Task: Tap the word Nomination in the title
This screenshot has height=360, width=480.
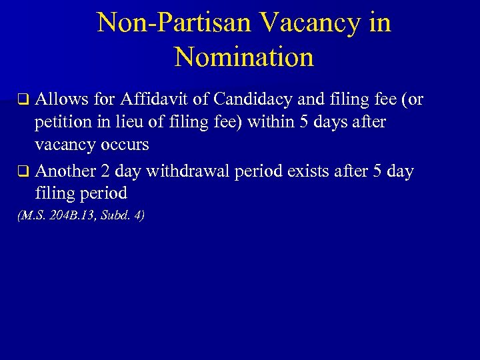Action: [244, 57]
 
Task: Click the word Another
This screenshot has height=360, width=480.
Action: [65, 171]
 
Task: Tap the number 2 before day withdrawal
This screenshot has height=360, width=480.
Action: [105, 171]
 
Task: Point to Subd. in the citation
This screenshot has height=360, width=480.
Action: [113, 215]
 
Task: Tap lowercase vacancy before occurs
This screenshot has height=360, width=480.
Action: [64, 145]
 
